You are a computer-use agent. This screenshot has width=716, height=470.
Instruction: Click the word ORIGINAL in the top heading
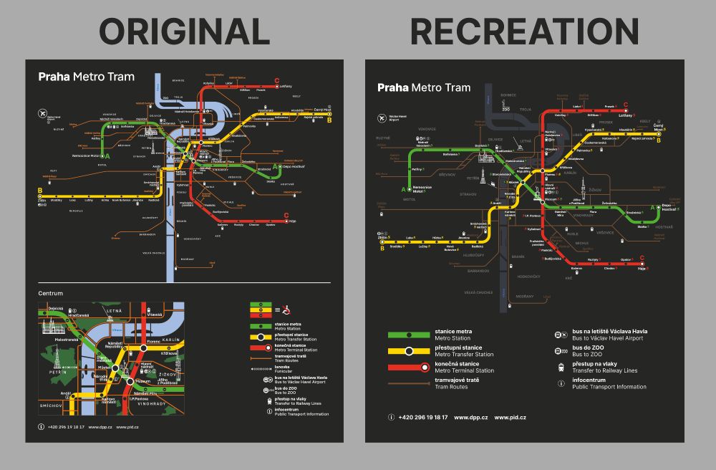[184, 32]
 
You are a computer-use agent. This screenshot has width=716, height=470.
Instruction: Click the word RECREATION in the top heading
[524, 32]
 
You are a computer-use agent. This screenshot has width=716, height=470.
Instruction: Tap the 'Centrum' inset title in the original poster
[51, 293]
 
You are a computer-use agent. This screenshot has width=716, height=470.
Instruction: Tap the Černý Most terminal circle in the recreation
[658, 133]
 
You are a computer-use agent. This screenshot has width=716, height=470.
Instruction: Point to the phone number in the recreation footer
[423, 417]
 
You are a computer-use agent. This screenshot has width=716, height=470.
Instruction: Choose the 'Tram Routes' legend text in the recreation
[451, 387]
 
